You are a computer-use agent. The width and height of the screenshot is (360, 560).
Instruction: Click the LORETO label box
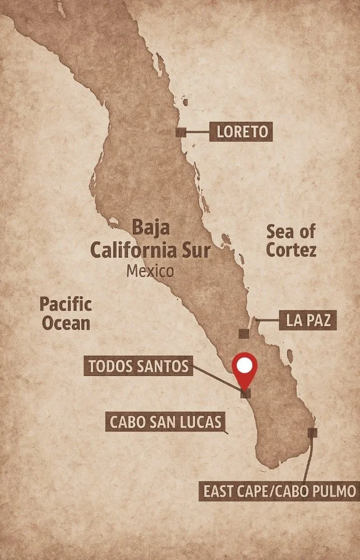pos(241,132)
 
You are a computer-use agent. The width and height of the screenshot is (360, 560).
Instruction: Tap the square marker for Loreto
pos(181,132)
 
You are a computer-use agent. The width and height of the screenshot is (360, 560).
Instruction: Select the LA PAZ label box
pos(307,321)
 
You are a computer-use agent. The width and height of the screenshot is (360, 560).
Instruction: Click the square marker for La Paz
pos(243,333)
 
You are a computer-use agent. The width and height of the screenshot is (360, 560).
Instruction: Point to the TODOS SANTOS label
pos(139,366)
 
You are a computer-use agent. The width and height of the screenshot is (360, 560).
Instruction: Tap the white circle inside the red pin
pos(244,366)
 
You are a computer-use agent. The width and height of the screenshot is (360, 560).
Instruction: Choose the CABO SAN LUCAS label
pos(165,422)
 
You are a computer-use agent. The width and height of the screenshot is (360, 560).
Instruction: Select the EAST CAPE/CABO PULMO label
pos(279,492)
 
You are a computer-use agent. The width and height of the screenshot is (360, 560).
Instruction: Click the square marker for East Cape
pos(312,433)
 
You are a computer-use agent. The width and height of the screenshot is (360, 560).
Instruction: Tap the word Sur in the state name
pos(195,250)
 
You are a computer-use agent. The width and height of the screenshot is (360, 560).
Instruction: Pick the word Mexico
pos(150,271)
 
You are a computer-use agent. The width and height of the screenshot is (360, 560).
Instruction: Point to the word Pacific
pos(66,305)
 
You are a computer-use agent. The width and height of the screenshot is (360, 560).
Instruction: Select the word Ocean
pos(64,323)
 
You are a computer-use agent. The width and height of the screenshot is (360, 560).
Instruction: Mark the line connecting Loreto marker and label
pos(197,132)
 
